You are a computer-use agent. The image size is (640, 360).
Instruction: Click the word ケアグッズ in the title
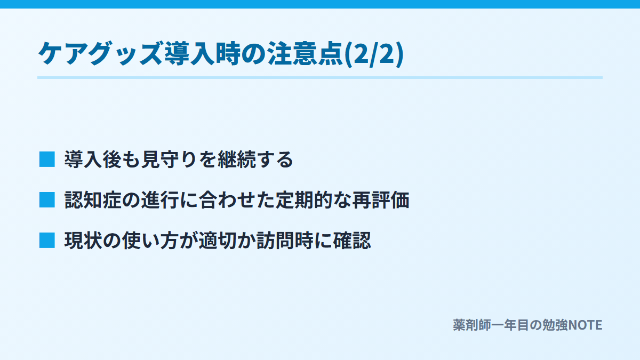point(101,54)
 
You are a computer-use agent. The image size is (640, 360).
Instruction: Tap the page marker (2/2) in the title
point(374,54)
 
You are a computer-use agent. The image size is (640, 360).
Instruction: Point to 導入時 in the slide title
point(202,54)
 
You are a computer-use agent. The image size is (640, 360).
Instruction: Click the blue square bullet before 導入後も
point(47,159)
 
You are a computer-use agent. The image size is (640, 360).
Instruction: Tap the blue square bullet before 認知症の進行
point(47,199)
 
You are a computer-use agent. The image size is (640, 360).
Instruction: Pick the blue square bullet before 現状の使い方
point(47,241)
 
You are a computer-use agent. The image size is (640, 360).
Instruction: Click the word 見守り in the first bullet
point(169,159)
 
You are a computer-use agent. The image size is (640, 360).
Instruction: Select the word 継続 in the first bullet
point(236,159)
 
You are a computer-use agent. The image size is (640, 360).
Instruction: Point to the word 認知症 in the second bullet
point(93,199)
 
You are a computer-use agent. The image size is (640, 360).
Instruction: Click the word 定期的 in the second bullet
point(303,199)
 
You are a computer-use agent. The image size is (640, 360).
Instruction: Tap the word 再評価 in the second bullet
point(381,199)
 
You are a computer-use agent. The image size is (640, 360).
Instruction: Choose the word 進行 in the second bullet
point(160,199)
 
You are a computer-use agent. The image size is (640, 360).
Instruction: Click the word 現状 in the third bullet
point(83,241)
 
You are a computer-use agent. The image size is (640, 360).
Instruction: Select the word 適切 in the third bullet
point(218,241)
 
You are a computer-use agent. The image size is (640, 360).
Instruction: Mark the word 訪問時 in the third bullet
point(285,241)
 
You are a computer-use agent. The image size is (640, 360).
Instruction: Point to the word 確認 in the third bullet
point(352,241)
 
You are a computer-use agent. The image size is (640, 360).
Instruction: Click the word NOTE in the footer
point(585,325)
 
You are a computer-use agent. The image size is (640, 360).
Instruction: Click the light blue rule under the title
point(320,78)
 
